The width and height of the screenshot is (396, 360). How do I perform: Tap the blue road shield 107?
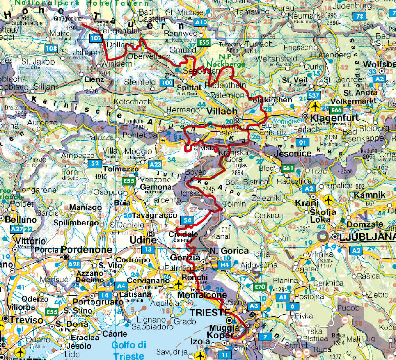point(96,38)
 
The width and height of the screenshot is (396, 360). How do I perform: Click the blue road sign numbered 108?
point(52,48)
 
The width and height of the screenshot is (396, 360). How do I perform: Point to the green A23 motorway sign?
point(156,164)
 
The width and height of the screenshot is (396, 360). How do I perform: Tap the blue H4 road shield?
point(225,264)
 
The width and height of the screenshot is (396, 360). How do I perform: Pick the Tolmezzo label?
point(122,169)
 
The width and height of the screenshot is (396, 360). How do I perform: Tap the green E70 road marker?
point(260,287)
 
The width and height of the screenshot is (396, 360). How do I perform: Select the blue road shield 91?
point(301,143)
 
